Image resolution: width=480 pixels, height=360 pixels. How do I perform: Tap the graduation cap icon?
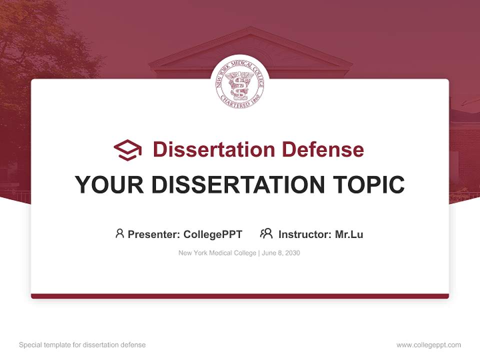(x=127, y=149)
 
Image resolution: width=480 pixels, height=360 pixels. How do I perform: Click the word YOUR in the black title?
(x=103, y=184)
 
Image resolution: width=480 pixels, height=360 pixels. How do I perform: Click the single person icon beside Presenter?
(x=119, y=233)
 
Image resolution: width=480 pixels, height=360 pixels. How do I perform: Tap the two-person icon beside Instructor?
(x=266, y=233)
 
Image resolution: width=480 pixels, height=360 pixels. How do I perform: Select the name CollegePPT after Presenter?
(x=213, y=234)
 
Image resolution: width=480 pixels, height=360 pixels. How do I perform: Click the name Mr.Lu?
(x=349, y=234)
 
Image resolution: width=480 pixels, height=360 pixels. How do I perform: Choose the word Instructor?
(x=305, y=234)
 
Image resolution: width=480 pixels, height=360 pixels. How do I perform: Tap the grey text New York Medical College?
(x=217, y=253)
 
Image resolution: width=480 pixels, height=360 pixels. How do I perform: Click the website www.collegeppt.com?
(x=428, y=345)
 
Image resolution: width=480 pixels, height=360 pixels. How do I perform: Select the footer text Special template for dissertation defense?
(x=82, y=345)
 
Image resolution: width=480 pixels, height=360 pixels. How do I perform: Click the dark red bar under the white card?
(x=240, y=296)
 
